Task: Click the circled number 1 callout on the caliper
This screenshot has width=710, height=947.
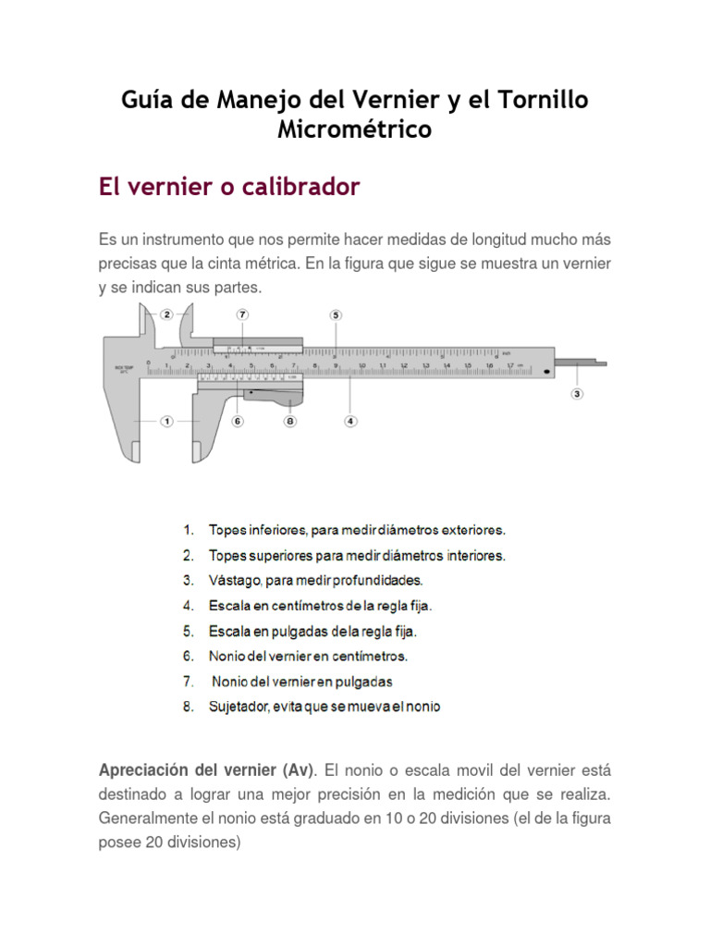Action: [x=167, y=421]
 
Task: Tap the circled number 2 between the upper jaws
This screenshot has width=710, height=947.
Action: [x=167, y=314]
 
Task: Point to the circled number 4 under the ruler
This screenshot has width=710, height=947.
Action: [x=350, y=421]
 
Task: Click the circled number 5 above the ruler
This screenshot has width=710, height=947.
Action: [x=336, y=314]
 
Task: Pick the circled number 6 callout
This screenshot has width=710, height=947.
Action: [x=238, y=421]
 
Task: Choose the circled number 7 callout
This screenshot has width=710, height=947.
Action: [x=242, y=314]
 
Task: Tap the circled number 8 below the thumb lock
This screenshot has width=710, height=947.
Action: [x=290, y=421]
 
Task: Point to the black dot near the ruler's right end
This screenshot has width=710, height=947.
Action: [x=548, y=372]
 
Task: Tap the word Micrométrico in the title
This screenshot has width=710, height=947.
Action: [x=354, y=129]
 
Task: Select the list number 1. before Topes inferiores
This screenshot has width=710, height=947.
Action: [x=188, y=531]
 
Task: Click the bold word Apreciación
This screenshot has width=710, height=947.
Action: [x=143, y=770]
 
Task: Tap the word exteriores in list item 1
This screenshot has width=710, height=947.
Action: [x=470, y=531]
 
